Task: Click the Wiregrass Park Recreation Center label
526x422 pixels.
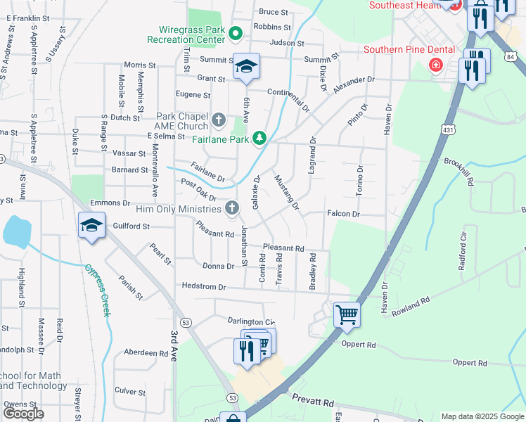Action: tap(190, 34)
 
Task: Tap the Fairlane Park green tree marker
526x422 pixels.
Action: tap(260, 136)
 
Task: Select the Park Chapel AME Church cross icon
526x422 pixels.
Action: tap(218, 119)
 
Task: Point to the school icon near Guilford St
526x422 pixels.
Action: tap(91, 226)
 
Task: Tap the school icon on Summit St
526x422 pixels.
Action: tap(246, 66)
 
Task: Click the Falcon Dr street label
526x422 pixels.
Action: tap(343, 214)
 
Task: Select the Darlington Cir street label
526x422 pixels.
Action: tap(250, 321)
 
